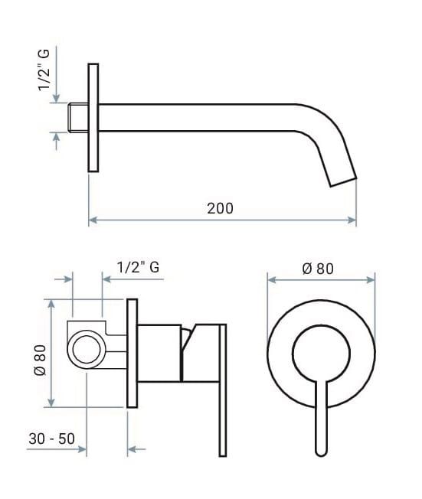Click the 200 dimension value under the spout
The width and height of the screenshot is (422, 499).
click(x=220, y=207)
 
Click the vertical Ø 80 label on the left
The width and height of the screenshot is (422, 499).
click(x=41, y=357)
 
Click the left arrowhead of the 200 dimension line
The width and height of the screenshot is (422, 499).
click(x=93, y=220)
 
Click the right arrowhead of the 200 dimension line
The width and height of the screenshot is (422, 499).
click(x=353, y=220)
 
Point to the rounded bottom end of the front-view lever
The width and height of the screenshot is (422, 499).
click(x=322, y=452)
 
